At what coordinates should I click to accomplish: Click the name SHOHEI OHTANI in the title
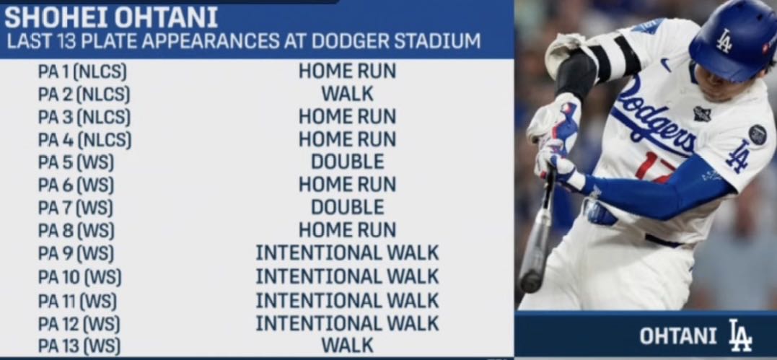coord(111,18)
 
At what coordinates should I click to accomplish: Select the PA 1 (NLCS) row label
coord(82,72)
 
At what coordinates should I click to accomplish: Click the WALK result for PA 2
coord(347,94)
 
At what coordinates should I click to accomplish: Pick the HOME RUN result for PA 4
coord(347,139)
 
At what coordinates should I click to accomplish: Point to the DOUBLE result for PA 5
coord(347,162)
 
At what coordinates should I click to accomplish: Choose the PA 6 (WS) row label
coord(76,185)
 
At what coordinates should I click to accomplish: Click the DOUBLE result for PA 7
coord(347,208)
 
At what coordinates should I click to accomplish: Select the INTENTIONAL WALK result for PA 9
coord(347,253)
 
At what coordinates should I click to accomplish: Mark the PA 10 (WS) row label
coord(79,277)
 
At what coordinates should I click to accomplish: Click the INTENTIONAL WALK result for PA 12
coord(347,323)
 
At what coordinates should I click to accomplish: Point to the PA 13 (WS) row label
coord(79,346)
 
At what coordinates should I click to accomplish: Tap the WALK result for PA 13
coord(347,345)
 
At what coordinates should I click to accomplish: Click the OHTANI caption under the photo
coord(678,337)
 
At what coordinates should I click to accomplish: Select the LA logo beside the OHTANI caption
coord(740,335)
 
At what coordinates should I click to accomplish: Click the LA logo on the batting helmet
coord(724,40)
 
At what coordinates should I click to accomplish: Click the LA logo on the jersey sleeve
coord(739,157)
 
